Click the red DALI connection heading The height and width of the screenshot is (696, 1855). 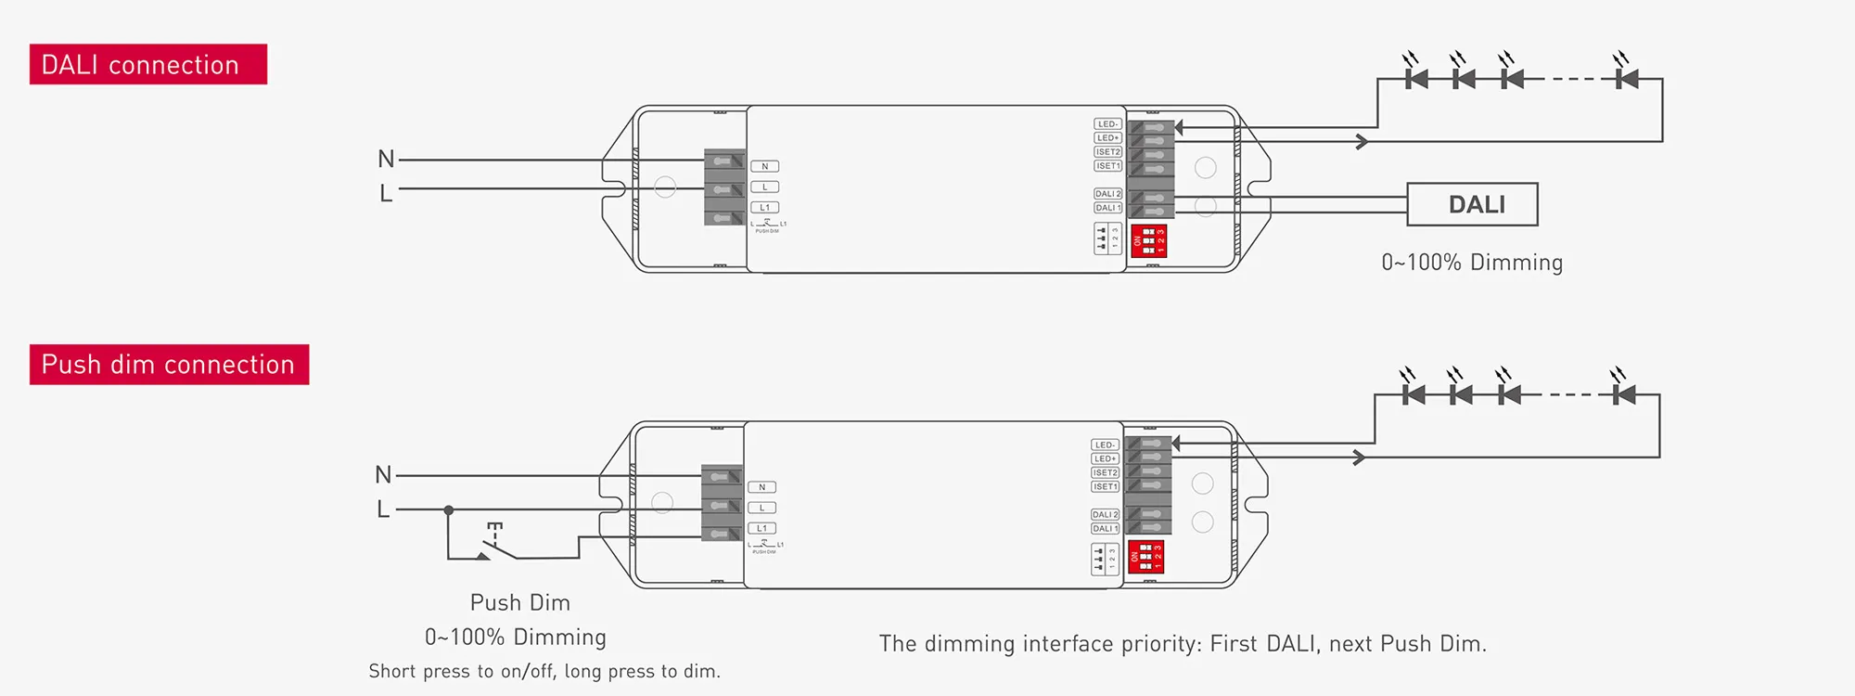click(x=148, y=64)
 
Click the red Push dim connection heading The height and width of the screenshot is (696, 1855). click(x=169, y=364)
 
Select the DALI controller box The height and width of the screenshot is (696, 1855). click(x=1472, y=204)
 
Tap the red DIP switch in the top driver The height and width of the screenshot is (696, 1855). click(x=1148, y=241)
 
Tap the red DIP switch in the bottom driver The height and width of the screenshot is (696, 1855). click(x=1145, y=557)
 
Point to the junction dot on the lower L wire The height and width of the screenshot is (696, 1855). click(x=449, y=509)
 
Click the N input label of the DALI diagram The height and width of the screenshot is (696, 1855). click(x=386, y=159)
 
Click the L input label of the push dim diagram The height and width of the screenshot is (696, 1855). click(x=383, y=509)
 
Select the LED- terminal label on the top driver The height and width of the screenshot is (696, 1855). click(x=1107, y=123)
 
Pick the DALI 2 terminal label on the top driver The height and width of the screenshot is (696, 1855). click(x=1107, y=194)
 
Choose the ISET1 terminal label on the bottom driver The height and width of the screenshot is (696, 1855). click(x=1105, y=486)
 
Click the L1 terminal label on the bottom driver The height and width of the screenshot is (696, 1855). click(x=761, y=528)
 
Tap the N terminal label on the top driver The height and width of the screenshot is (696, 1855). click(x=764, y=166)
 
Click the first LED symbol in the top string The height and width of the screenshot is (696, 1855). click(x=1415, y=78)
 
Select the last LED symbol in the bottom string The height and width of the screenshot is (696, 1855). click(x=1623, y=393)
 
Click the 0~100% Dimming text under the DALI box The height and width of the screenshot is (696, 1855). click(x=1472, y=263)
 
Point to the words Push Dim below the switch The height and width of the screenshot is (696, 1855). click(x=519, y=602)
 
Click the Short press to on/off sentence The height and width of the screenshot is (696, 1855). click(x=544, y=671)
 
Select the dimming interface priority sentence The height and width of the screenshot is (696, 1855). click(x=1183, y=643)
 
